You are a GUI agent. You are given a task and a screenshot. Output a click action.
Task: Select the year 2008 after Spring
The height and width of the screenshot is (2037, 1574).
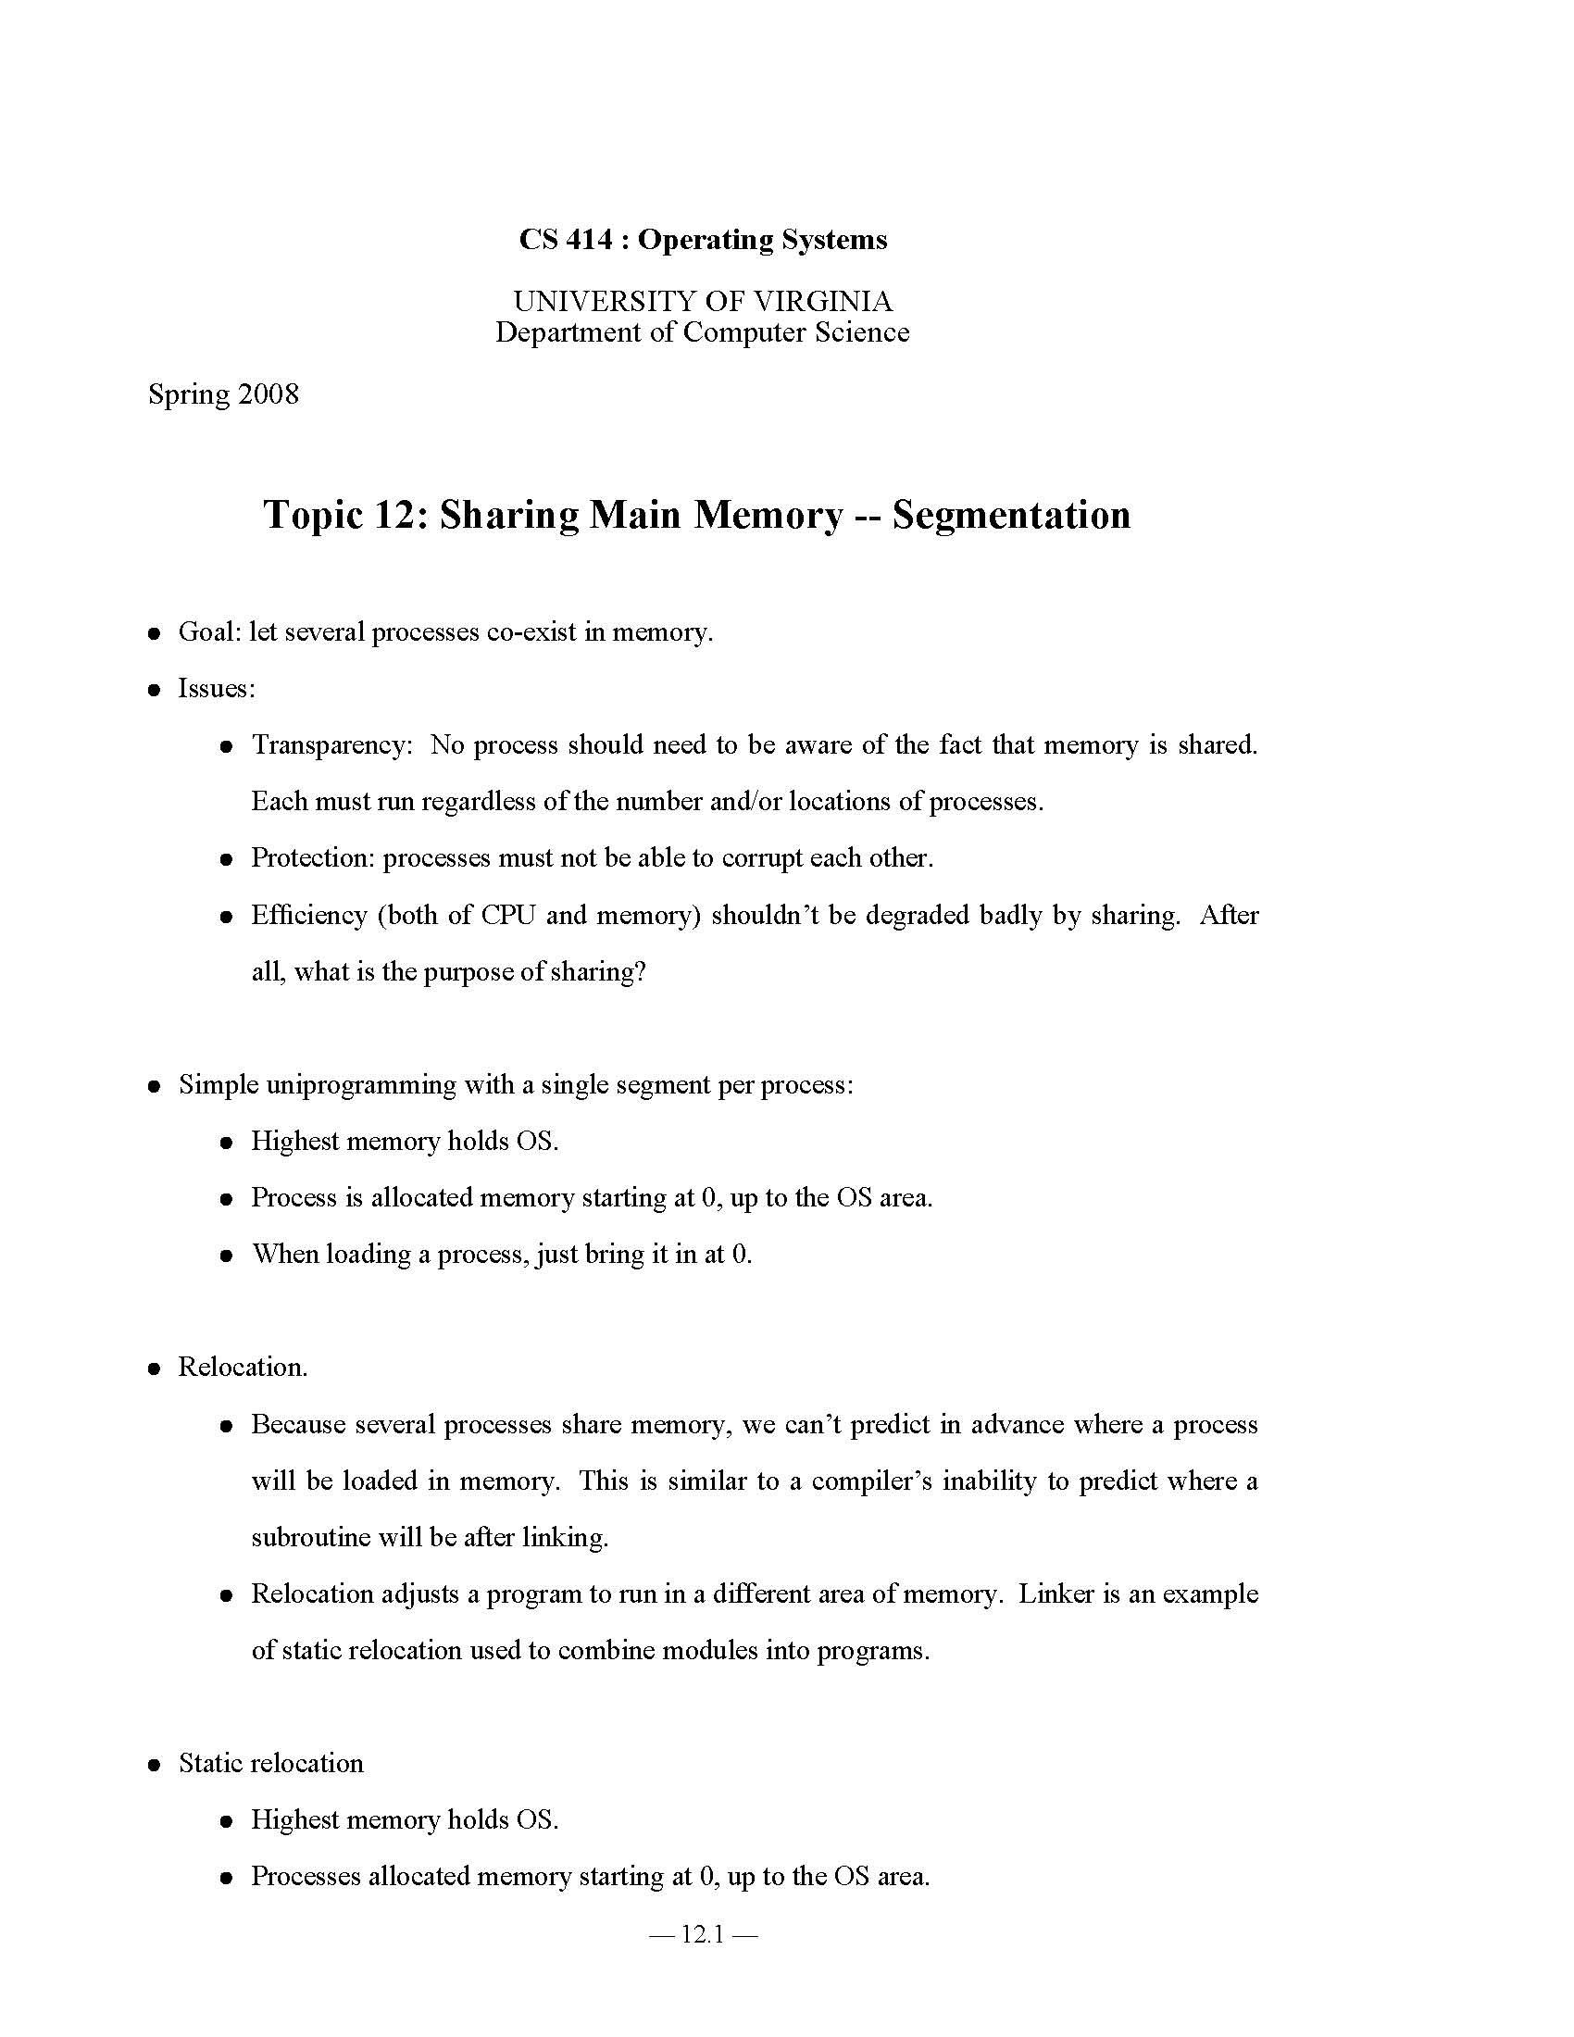coord(269,394)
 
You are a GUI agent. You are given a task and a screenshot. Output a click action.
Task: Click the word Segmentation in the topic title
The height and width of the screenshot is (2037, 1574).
coord(1011,514)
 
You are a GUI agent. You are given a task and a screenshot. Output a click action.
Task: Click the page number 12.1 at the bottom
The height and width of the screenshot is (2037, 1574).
coord(703,1934)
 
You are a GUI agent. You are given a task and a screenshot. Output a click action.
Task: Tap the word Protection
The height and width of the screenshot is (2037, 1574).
coord(312,857)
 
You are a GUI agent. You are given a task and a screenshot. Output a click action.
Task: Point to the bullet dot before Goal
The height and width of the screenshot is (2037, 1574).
coord(155,633)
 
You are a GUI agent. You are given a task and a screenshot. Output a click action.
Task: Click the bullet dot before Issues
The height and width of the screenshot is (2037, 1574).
coord(155,690)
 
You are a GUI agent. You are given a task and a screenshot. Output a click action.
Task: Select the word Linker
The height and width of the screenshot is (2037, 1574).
coord(1056,1593)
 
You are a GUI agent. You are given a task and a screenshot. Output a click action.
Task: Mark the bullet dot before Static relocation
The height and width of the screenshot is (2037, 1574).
coord(155,1765)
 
